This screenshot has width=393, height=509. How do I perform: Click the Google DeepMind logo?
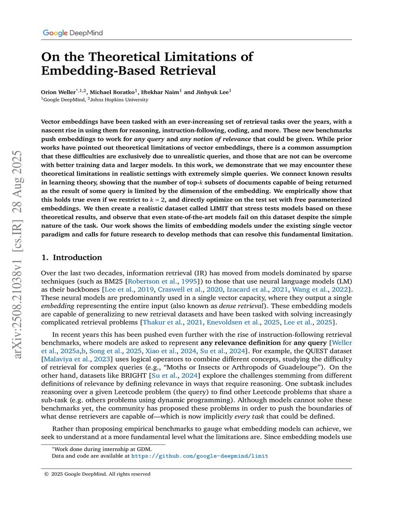(x=73, y=33)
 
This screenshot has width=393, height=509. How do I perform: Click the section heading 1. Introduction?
(x=72, y=257)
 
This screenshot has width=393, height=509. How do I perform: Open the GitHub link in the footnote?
(x=199, y=455)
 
